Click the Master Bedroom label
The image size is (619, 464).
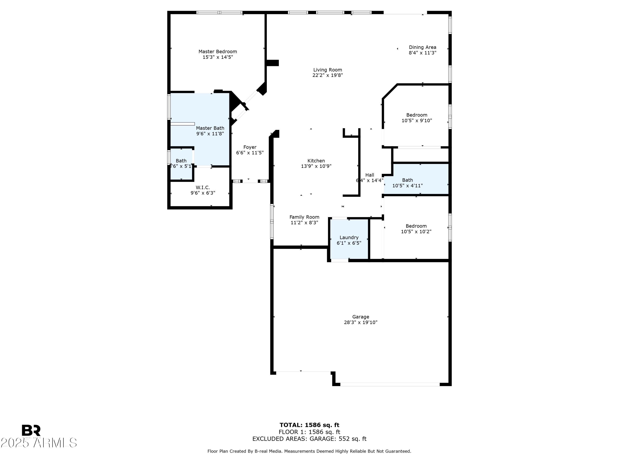click(x=217, y=52)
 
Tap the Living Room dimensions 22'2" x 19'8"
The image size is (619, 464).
click(x=327, y=75)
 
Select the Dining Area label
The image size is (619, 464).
click(x=422, y=47)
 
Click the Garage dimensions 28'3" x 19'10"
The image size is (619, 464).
click(x=360, y=322)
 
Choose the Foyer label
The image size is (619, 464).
click(x=250, y=147)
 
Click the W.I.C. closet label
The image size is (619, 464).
click(x=203, y=187)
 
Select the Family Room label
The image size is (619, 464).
click(x=304, y=217)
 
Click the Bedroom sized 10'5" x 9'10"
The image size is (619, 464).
click(x=416, y=118)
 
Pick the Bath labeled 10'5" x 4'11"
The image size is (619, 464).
click(x=408, y=183)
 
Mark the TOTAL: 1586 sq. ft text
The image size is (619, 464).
click(x=309, y=425)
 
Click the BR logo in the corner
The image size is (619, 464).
click(x=31, y=430)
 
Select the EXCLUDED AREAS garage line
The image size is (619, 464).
click(x=309, y=439)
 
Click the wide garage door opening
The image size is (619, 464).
click(x=390, y=384)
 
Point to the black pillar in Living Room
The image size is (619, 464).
click(x=272, y=63)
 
